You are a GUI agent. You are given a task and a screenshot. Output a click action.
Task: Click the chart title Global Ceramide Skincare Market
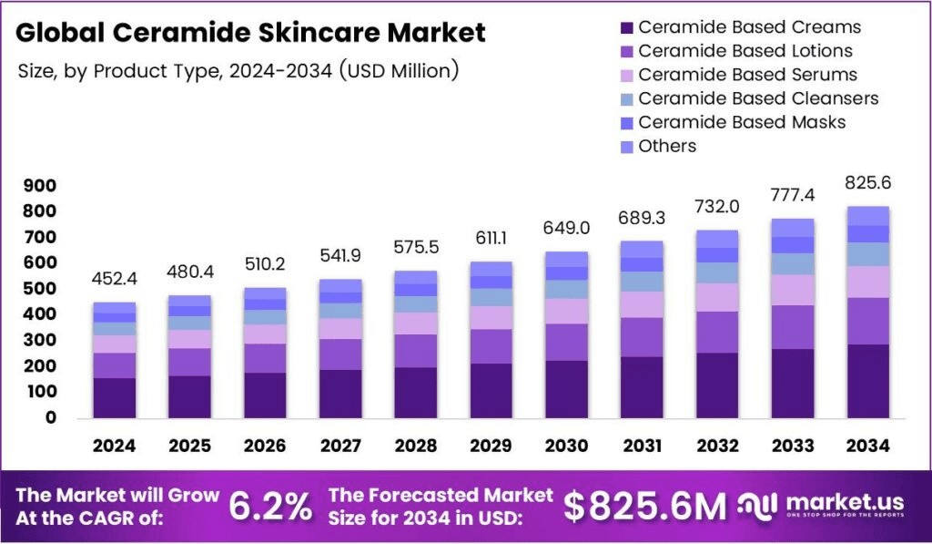click(x=250, y=34)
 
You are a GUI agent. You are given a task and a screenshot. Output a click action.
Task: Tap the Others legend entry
click(x=667, y=146)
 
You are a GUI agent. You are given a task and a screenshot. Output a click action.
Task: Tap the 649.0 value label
click(x=568, y=227)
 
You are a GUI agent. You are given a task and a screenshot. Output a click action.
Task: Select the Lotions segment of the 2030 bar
click(x=568, y=342)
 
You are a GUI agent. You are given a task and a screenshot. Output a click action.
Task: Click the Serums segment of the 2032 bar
click(x=717, y=297)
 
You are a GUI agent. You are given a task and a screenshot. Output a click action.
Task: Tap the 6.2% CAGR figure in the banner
click(x=270, y=507)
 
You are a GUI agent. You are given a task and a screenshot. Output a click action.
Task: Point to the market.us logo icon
click(x=756, y=507)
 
